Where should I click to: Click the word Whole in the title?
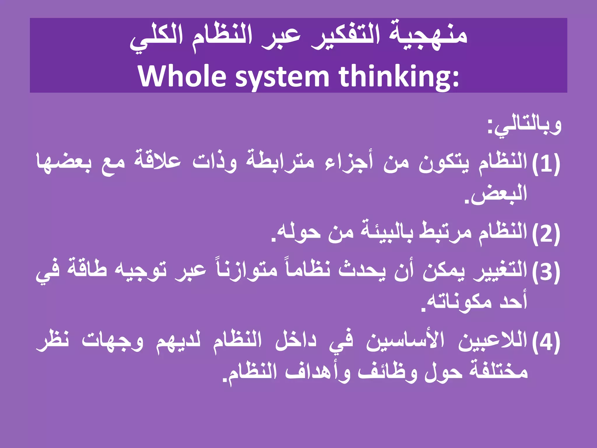pyautogui.click(x=182, y=76)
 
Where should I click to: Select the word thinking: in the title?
pyautogui.click(x=399, y=76)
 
